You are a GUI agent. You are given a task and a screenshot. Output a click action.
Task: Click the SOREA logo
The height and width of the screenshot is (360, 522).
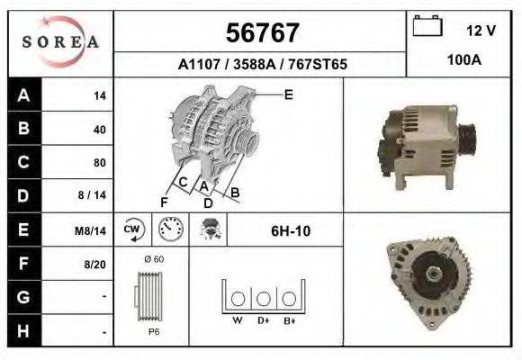pyautogui.click(x=60, y=43)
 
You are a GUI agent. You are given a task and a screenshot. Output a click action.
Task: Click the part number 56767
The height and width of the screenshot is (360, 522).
pyautogui.click(x=261, y=32)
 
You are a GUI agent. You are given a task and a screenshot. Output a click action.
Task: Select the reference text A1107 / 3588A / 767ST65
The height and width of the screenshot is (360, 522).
pyautogui.click(x=262, y=65)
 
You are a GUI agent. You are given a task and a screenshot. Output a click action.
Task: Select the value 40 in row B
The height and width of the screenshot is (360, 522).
pyautogui.click(x=99, y=129)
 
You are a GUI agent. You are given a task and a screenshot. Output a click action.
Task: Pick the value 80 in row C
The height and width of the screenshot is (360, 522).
pyautogui.click(x=99, y=163)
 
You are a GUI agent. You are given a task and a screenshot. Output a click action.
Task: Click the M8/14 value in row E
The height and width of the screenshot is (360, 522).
pyautogui.click(x=91, y=230)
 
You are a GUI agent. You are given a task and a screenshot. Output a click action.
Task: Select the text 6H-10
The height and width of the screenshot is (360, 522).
pyautogui.click(x=291, y=231)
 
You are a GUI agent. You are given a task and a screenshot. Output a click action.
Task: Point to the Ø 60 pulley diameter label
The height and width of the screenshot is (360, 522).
pyautogui.click(x=152, y=259)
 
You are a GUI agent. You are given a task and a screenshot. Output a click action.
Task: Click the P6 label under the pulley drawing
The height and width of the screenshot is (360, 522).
pyautogui.click(x=152, y=331)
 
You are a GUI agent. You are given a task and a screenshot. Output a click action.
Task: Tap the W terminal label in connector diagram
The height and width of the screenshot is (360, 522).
pyautogui.click(x=238, y=319)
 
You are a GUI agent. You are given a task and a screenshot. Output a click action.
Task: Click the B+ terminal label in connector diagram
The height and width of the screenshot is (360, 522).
pyautogui.click(x=290, y=319)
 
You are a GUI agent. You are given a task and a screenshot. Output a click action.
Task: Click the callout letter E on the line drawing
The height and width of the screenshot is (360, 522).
pyautogui.click(x=289, y=94)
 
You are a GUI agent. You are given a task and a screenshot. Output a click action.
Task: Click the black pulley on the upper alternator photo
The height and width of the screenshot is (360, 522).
pyautogui.click(x=466, y=139)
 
